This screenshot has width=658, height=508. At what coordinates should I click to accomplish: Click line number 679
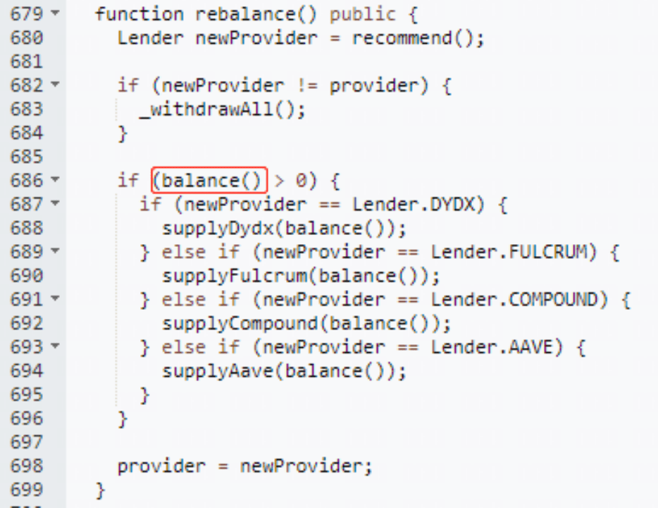click(27, 14)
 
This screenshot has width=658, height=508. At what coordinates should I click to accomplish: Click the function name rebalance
click(245, 14)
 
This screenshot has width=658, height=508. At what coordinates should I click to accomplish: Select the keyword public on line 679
click(362, 15)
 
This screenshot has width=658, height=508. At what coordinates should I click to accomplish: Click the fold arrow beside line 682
click(55, 84)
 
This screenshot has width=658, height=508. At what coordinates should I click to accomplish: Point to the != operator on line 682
click(306, 85)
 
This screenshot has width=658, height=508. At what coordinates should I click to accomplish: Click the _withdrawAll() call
click(218, 110)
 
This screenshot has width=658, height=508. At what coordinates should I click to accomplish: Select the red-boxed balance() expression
click(209, 180)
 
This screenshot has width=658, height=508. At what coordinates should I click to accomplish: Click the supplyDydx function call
click(218, 229)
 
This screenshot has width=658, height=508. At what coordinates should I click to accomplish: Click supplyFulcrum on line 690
click(234, 276)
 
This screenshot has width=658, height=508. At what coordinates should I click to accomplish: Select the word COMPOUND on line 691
click(552, 300)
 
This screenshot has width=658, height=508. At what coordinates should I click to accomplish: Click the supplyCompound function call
click(240, 324)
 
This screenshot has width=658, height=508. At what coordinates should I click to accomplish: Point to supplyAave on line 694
click(218, 371)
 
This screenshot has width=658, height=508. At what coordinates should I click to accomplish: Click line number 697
click(27, 442)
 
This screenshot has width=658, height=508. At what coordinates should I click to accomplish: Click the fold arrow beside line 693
click(55, 346)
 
